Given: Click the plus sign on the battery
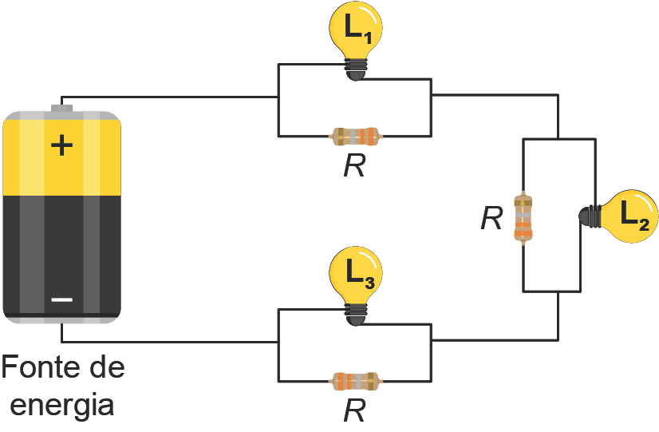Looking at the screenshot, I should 61,145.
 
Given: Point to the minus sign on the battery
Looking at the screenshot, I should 61,299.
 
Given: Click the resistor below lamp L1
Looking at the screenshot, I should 357,136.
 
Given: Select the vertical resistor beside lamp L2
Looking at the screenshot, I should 523,217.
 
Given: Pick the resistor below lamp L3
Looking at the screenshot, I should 355,381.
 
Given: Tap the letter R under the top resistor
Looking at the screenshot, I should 354,166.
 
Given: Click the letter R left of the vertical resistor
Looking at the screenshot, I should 491,218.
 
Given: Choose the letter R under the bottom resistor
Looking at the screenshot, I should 354,410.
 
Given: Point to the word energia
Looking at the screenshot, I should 63,404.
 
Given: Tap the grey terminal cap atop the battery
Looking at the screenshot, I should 61,107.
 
